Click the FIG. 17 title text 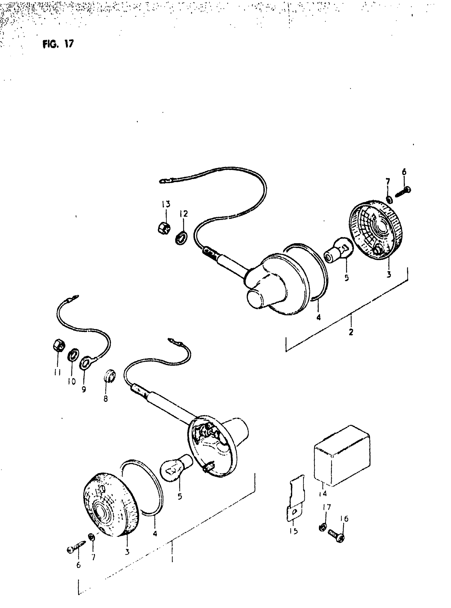(x=58, y=44)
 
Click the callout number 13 (x=166, y=204)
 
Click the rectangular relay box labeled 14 (x=342, y=456)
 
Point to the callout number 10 (x=72, y=382)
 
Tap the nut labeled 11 (x=58, y=347)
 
